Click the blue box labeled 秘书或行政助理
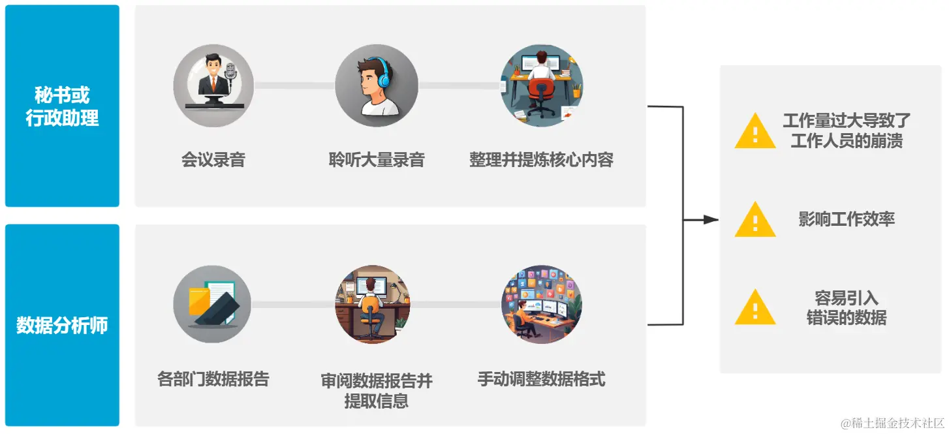point(62,106)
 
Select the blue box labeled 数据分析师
point(62,325)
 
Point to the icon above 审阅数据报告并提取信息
point(373,304)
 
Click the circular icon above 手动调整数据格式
point(541,304)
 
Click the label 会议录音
point(213,160)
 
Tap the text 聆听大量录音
point(377,160)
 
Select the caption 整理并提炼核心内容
point(541,160)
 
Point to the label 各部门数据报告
point(213,379)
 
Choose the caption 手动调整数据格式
point(541,379)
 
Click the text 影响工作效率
point(846,219)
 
